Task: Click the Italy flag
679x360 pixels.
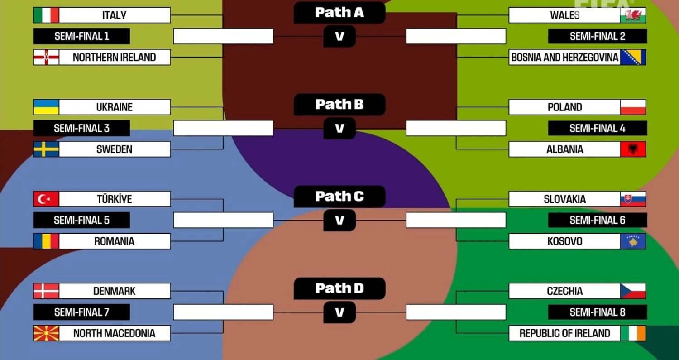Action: coord(46,15)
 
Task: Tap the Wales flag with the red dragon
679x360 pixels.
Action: coord(633,15)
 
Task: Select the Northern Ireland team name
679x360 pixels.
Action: coord(114,57)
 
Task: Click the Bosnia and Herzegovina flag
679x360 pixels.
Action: coord(633,57)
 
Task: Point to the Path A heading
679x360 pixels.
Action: coord(339,13)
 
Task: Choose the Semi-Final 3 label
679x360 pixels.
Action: coord(81,128)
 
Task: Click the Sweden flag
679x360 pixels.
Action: coord(46,149)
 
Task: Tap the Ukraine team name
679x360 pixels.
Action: coord(114,107)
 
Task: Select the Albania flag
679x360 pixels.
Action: coord(633,149)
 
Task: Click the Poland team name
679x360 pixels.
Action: coord(564,107)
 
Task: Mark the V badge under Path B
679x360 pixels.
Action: coord(339,129)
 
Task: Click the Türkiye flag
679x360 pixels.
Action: coord(46,199)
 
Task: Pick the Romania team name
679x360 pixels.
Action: coord(114,241)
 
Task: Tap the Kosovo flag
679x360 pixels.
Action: coord(633,241)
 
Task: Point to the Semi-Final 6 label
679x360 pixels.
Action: coord(597,220)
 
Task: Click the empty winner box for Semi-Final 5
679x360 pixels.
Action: coord(223,220)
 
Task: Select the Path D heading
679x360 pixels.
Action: coord(339,288)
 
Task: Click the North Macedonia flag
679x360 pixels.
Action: coord(46,333)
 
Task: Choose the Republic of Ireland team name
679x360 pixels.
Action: coord(564,333)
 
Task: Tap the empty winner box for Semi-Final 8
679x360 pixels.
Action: coord(456,312)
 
